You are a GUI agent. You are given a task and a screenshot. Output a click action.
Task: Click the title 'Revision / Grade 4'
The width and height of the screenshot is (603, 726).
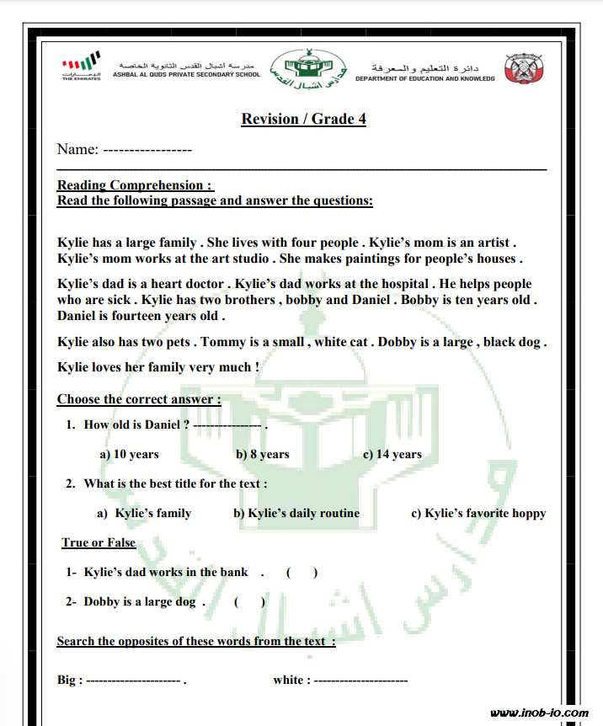pos(303,119)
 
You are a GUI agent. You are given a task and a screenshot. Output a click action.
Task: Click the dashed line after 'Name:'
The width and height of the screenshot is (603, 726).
pos(147,150)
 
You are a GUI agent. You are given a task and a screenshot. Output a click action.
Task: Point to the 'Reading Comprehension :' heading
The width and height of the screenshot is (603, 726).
pos(135,185)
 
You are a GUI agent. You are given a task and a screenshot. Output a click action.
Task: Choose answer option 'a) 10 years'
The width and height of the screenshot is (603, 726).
pos(129,454)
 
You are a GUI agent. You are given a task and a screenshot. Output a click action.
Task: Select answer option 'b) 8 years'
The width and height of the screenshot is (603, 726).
pos(262,454)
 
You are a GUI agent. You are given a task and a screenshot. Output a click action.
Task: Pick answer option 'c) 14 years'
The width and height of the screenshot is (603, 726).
pos(392,454)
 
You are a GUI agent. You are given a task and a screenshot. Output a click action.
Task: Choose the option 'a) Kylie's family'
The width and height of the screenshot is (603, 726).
pos(144,513)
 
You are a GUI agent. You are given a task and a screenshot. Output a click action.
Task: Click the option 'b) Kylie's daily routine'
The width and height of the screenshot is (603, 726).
pos(296,513)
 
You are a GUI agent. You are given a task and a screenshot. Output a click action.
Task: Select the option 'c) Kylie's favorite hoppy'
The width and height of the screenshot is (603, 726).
pos(478,513)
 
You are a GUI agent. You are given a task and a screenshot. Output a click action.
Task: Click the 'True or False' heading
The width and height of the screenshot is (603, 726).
pos(99,542)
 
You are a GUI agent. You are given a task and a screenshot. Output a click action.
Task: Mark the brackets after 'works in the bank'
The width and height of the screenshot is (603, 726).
pos(301,573)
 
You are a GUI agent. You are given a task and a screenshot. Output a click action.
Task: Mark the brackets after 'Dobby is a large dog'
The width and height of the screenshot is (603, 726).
pos(249,602)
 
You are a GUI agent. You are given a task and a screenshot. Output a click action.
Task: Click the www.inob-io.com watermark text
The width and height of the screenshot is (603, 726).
pos(539,713)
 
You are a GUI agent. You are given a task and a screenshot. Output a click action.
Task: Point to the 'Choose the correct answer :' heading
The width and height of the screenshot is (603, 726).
pos(139,399)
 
